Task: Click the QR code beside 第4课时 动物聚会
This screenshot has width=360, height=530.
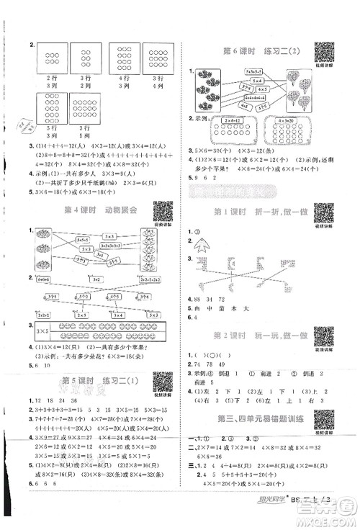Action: coord(163,210)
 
